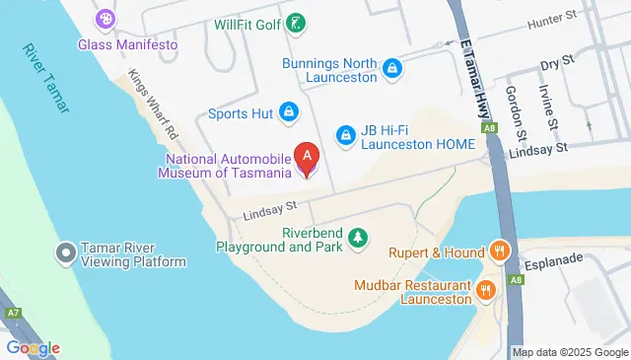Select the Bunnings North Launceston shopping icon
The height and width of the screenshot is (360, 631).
[392, 68]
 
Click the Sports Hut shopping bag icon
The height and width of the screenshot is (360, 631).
[289, 112]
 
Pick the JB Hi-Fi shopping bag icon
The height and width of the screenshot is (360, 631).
[345, 133]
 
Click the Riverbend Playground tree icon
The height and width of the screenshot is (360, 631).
[358, 237]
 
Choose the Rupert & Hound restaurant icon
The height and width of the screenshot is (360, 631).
[501, 252]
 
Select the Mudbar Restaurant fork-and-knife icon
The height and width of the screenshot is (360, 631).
[486, 291]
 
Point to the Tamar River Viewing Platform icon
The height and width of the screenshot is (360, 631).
[67, 253]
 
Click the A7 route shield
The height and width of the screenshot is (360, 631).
[13, 314]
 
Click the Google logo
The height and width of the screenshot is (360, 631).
[32, 347]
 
